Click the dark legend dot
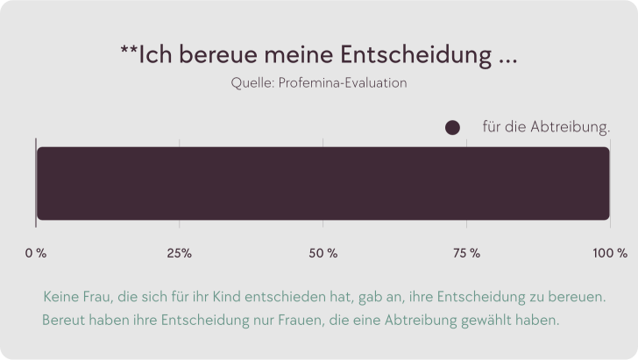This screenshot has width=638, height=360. click(452, 128)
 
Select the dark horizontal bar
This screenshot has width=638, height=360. click(323, 183)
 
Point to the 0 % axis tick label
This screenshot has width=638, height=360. click(36, 253)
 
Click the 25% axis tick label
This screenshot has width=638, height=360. click(179, 253)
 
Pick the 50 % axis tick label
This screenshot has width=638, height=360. click(323, 253)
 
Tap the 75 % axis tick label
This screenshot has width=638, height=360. click(467, 253)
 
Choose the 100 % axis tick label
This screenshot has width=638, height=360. click(610, 253)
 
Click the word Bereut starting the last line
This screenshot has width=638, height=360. click(62, 320)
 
